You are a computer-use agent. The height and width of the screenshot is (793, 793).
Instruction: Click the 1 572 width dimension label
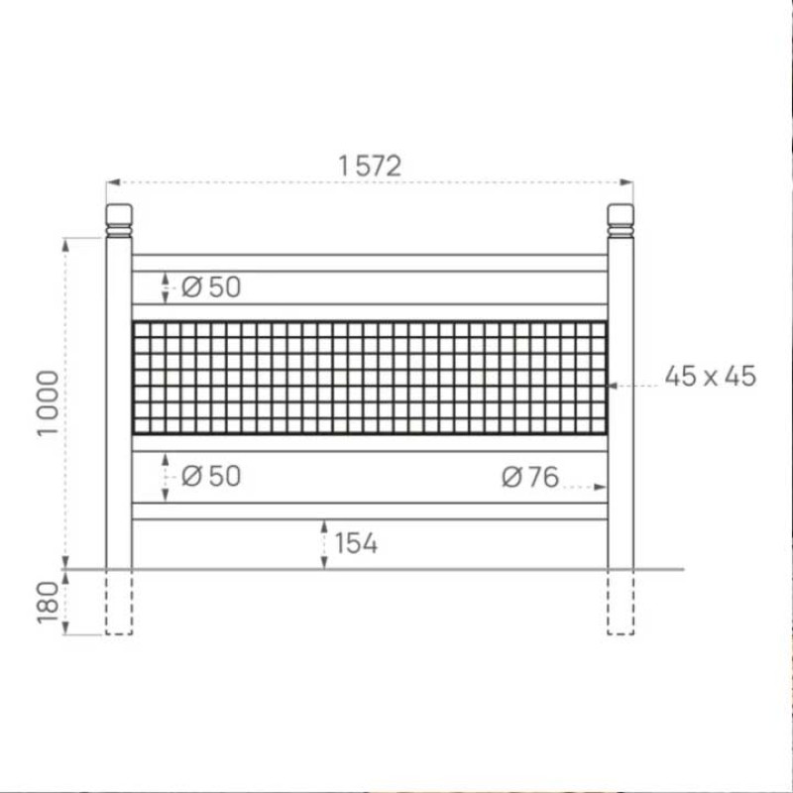pyautogui.click(x=370, y=167)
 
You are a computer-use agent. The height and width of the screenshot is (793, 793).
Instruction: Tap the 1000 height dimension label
pyautogui.click(x=49, y=403)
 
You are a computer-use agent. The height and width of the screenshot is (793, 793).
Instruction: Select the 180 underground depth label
pyautogui.click(x=49, y=603)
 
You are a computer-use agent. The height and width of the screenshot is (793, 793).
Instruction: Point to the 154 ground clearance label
pyautogui.click(x=356, y=543)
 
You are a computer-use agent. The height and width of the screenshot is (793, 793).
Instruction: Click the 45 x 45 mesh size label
pyautogui.click(x=710, y=377)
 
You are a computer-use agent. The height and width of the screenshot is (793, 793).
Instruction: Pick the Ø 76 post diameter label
pyautogui.click(x=530, y=477)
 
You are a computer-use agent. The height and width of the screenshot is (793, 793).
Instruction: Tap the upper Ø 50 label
pyautogui.click(x=211, y=287)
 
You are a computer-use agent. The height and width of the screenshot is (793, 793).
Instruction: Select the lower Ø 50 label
pyautogui.click(x=211, y=477)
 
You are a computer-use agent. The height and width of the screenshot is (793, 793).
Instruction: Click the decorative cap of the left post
pyautogui.click(x=119, y=220)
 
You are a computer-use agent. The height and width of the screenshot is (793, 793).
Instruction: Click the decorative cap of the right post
pyautogui.click(x=621, y=220)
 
